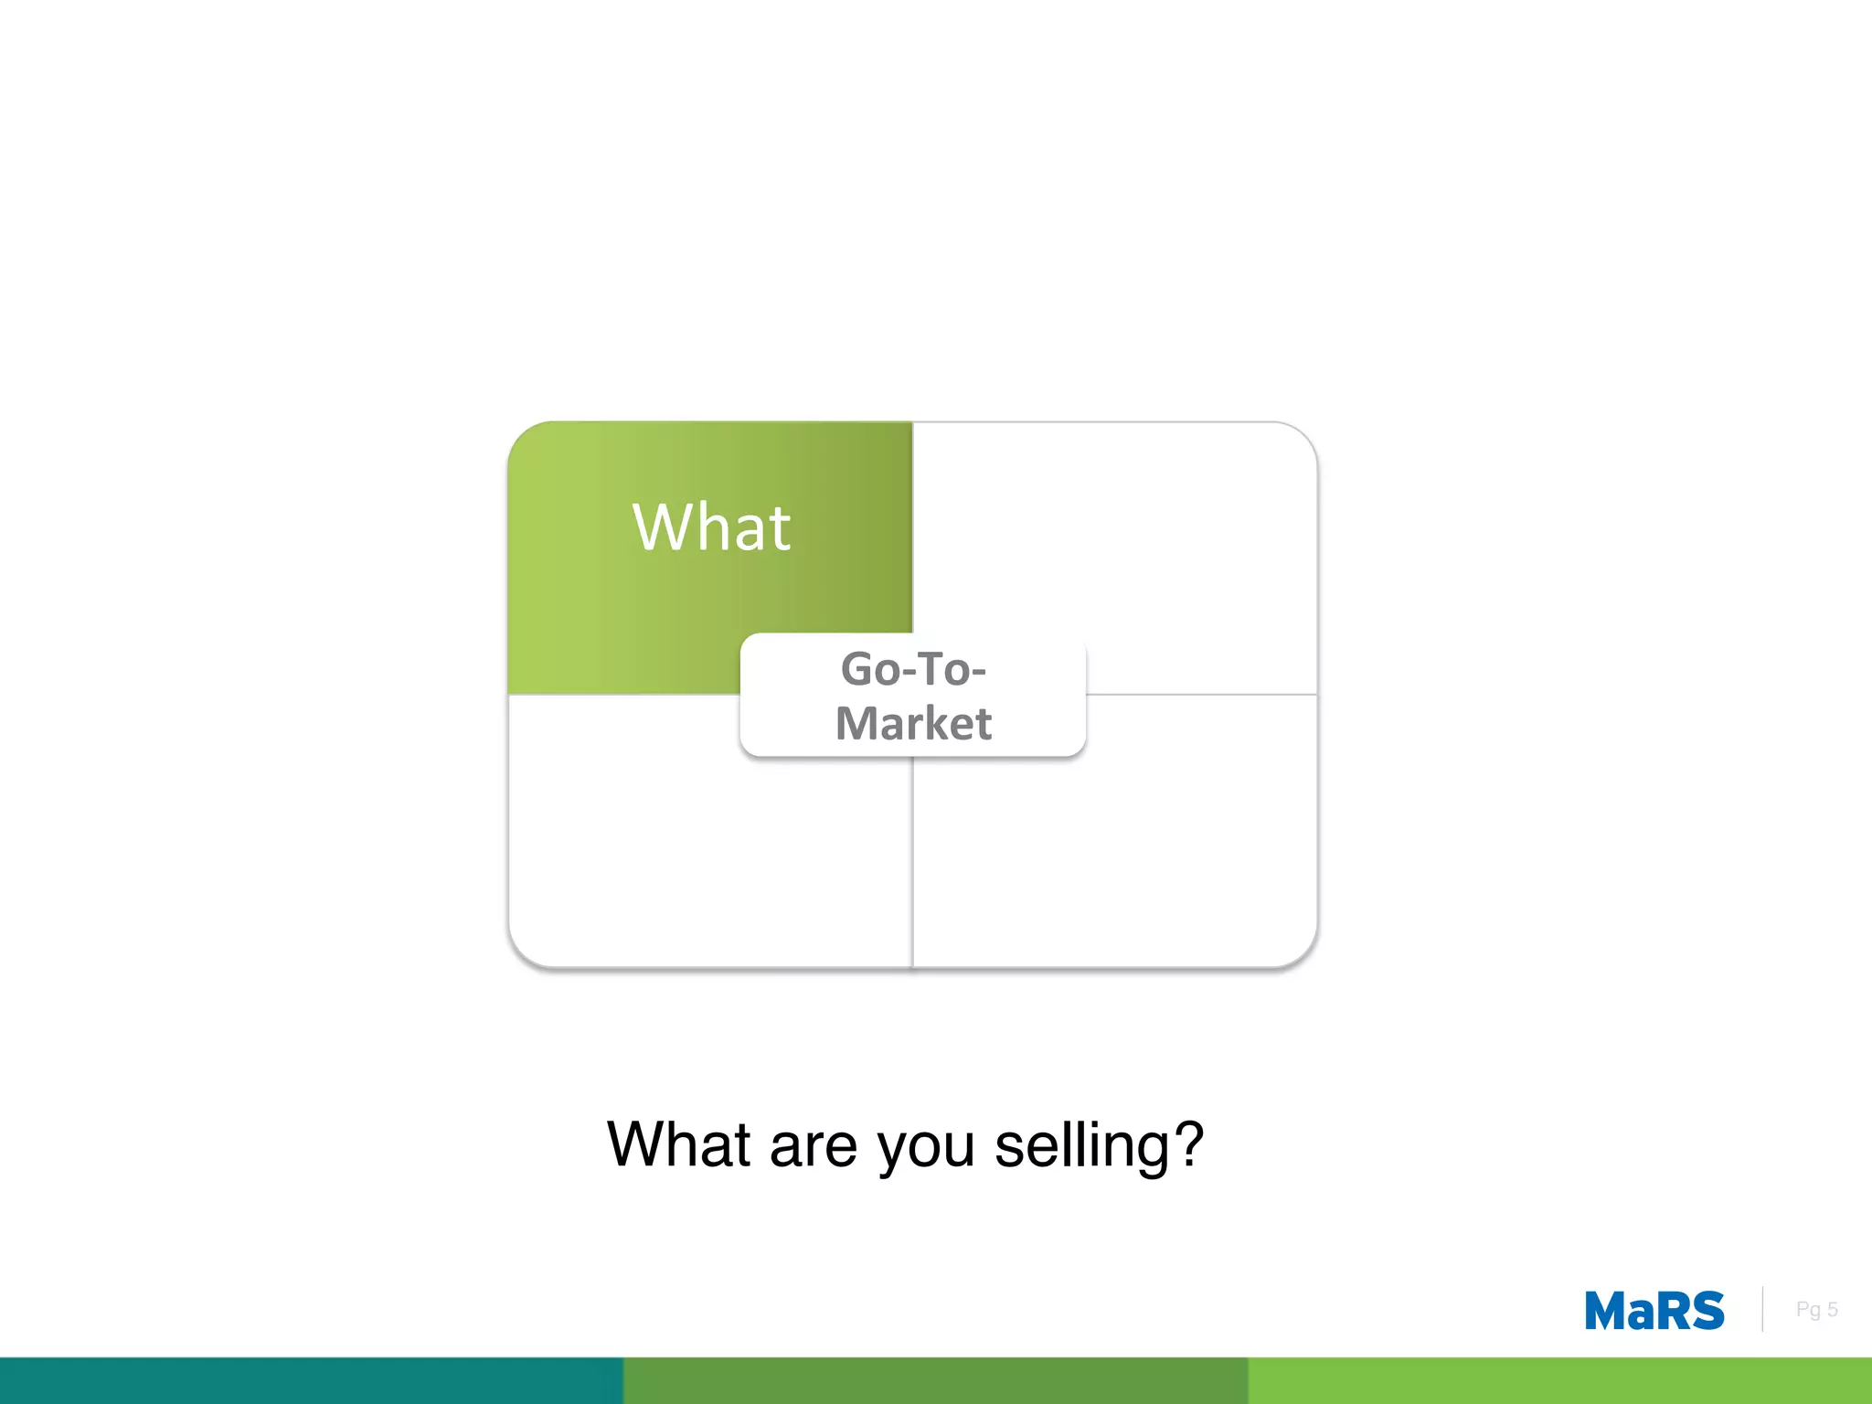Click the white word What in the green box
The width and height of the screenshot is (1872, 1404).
(x=711, y=527)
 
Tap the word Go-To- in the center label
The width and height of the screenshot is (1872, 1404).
(x=913, y=669)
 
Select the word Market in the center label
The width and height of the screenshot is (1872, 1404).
(x=913, y=723)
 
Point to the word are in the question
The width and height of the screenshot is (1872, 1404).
(x=813, y=1145)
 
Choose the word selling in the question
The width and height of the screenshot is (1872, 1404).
(x=1080, y=1145)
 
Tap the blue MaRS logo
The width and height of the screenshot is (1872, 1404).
(x=1654, y=1311)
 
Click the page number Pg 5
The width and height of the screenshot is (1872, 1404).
(x=1816, y=1310)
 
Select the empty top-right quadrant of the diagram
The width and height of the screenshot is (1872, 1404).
(x=1115, y=539)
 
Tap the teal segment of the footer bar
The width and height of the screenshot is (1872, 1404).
(x=311, y=1380)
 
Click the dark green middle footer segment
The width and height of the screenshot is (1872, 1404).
(x=935, y=1380)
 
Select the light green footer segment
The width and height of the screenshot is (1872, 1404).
(x=1559, y=1380)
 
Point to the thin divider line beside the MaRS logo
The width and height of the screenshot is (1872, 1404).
(x=1762, y=1309)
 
